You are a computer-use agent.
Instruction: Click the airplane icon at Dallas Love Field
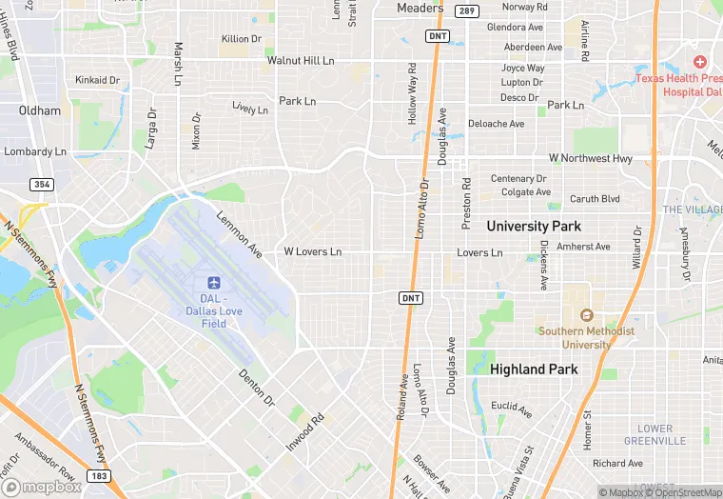[x=213, y=284]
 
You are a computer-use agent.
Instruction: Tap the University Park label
[x=534, y=227]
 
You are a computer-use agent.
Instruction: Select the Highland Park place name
[x=532, y=369]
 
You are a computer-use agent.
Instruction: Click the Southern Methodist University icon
[x=586, y=315]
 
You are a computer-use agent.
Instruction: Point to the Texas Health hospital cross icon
[x=700, y=62]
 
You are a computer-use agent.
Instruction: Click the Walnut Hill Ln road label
[x=301, y=60]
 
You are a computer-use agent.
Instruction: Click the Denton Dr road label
[x=256, y=387]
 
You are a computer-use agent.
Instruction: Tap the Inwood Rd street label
[x=305, y=431]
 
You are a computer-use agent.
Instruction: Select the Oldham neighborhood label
[x=40, y=111]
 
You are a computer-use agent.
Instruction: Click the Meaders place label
[x=420, y=9]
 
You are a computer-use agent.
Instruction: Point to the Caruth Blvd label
[x=595, y=200]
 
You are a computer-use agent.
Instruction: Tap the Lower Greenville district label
[x=655, y=435]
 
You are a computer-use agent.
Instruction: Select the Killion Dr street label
[x=241, y=39]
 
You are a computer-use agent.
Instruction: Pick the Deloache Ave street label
[x=496, y=124]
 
